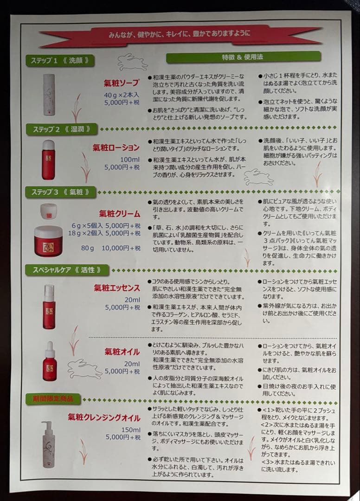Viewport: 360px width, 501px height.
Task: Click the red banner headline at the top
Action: (179, 35)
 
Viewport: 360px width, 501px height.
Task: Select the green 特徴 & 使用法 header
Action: (243, 57)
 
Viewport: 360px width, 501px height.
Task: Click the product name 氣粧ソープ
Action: (121, 83)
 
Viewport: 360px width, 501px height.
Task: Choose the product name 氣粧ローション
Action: (116, 148)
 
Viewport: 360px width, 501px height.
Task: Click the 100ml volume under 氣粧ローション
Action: (129, 159)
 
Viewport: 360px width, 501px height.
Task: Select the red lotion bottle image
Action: (48, 160)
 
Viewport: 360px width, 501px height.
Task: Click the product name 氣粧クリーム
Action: (119, 214)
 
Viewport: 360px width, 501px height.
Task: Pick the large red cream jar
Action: (48, 241)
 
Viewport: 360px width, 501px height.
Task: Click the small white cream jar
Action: (48, 211)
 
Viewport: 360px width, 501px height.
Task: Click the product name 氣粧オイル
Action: (122, 352)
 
